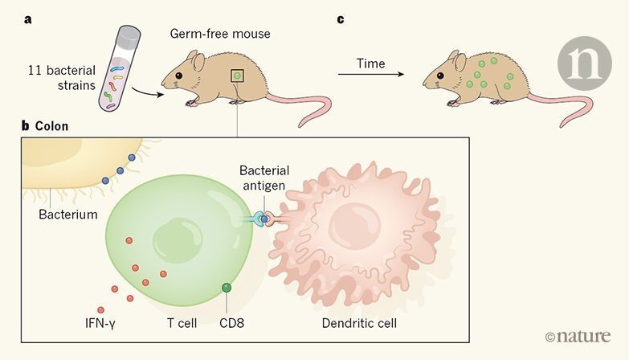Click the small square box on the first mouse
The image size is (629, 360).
(x=237, y=76)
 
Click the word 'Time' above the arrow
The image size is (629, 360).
(x=371, y=63)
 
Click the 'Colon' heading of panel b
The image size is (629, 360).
(x=51, y=126)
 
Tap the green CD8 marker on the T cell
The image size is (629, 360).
(x=227, y=287)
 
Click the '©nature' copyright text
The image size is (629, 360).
(x=576, y=337)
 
